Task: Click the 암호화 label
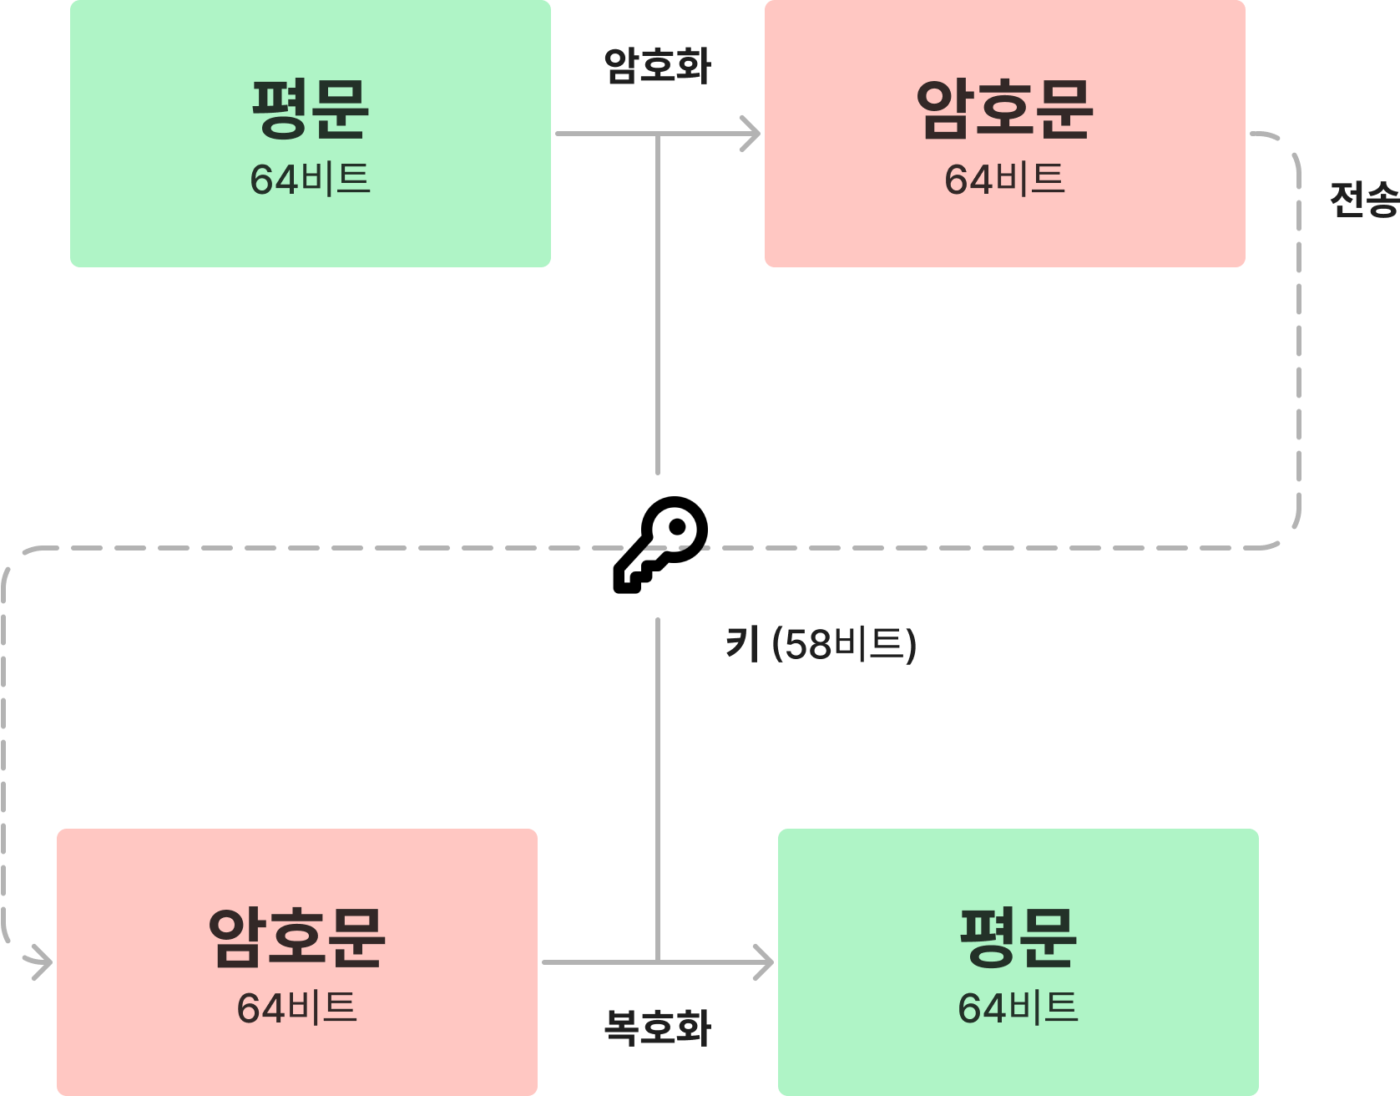click(657, 67)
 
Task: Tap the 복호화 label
click(657, 1027)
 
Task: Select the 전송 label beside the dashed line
click(1363, 200)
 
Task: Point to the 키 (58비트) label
click(821, 644)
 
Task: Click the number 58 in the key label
click(809, 645)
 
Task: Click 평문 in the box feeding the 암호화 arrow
click(310, 109)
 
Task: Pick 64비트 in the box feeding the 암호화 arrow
click(310, 180)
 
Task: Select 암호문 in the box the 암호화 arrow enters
click(1004, 109)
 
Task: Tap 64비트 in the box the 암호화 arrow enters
click(1004, 180)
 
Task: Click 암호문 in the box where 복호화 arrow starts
click(296, 937)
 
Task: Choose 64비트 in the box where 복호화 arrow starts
click(296, 1008)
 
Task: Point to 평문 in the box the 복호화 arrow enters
click(1018, 937)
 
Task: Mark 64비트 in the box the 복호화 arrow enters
click(1018, 1008)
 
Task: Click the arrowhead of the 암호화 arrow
click(752, 134)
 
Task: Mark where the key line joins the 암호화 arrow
click(658, 134)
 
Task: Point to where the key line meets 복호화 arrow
click(658, 962)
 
